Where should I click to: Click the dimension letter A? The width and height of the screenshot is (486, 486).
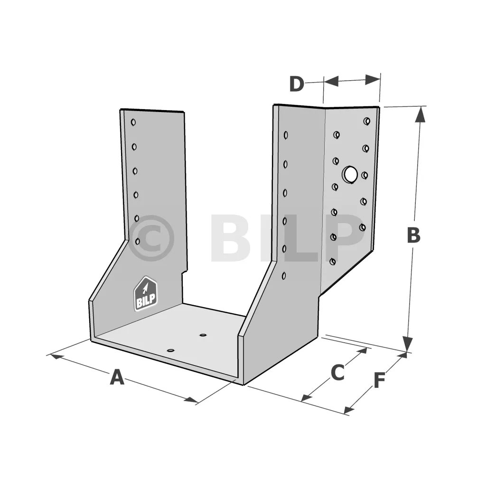tap(117, 377)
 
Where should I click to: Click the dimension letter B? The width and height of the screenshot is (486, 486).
tap(413, 235)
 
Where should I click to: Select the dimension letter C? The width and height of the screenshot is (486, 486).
tap(337, 372)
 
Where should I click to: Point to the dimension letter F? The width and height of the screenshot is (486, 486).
tap(379, 380)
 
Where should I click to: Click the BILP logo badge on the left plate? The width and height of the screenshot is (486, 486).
tap(145, 294)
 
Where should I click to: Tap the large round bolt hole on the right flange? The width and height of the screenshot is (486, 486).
tap(350, 174)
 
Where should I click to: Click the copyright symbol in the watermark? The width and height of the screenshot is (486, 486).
tap(151, 238)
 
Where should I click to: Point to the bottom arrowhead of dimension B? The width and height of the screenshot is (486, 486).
tap(408, 344)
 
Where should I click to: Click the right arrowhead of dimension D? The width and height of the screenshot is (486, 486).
tap(373, 80)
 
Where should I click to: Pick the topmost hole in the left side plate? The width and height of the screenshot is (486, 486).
tap(133, 122)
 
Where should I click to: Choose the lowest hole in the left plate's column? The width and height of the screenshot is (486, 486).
tap(137, 241)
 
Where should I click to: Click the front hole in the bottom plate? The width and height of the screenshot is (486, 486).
tap(170, 351)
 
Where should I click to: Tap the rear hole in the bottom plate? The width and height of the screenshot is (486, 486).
tap(203, 335)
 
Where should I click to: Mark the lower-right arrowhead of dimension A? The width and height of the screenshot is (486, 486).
tap(191, 400)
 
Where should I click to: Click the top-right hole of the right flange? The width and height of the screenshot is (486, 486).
tap(367, 121)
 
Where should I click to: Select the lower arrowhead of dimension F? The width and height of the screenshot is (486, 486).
tap(349, 410)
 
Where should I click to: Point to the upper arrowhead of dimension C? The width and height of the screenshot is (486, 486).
tap(362, 352)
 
